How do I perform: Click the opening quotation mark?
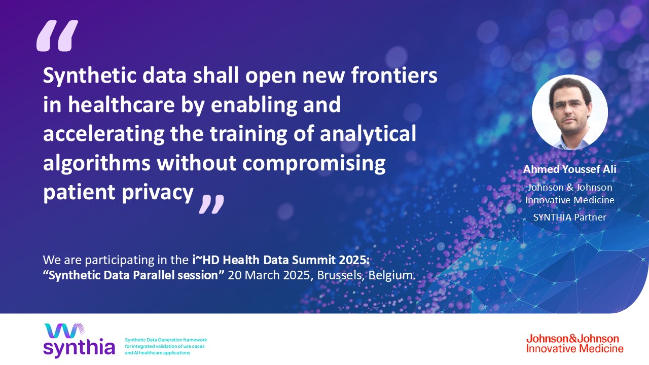point(57,35)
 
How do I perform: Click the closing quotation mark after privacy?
point(211,204)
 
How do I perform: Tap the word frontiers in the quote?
point(394,75)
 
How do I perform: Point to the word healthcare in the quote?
point(121,104)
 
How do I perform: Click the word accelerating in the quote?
point(104,134)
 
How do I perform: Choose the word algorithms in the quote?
point(96,163)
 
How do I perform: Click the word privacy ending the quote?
point(157,193)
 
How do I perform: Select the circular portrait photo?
point(569,113)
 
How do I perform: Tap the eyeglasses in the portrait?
point(569,104)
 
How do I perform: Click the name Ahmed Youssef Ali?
point(569,169)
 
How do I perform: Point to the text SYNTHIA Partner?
point(569,217)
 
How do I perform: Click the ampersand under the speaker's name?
point(569,188)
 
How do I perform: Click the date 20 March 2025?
point(269,275)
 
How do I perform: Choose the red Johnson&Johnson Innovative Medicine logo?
point(574,344)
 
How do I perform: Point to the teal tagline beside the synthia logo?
point(166,346)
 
